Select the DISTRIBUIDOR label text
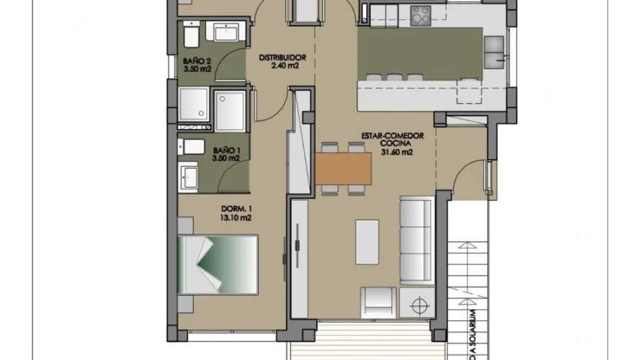pos(284,57)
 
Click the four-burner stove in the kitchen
pos(421,14)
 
